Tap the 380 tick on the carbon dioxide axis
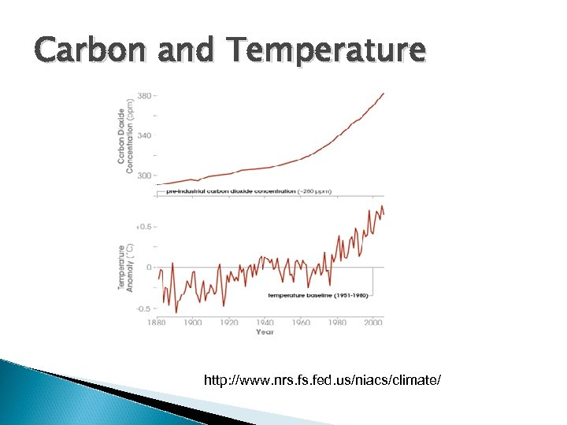pos(144,96)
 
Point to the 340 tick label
pos(144,135)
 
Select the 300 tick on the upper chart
pos(144,176)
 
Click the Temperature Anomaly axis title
pos(126,268)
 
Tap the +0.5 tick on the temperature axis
pos(143,227)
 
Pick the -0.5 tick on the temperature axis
pos(143,309)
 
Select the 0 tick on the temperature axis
pos(148,268)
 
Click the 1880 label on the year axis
pos(156,322)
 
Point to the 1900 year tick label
pos(193,322)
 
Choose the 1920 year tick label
pos(229,322)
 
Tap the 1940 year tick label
pos(265,322)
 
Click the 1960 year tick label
pos(301,322)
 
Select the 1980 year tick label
pos(337,322)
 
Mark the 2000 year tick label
pos(373,322)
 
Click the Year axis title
pos(265,331)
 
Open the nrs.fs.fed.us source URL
pos(322,381)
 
